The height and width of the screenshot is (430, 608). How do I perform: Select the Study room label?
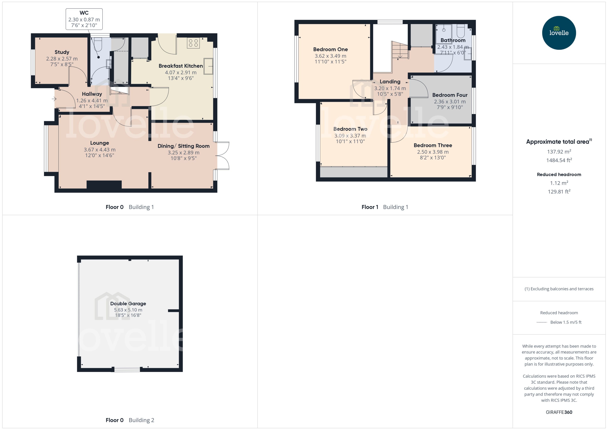click(62, 52)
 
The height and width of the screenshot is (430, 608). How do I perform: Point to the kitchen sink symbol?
click(208, 66)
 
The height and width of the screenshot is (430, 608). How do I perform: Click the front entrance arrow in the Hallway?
click(54, 99)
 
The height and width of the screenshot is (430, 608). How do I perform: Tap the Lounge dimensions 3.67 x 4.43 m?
click(100, 150)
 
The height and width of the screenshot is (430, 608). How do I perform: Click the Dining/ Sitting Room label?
click(183, 146)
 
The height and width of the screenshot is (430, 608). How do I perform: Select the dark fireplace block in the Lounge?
click(104, 185)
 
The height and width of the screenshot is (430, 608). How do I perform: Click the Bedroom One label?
click(330, 49)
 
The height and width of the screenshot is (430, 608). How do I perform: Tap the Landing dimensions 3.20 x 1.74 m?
click(390, 88)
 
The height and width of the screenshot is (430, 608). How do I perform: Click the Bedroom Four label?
click(450, 95)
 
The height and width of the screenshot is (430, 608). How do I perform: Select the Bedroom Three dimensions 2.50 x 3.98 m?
click(433, 152)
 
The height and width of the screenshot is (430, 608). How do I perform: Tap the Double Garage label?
click(128, 303)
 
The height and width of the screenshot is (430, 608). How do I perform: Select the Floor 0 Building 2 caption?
click(130, 420)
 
